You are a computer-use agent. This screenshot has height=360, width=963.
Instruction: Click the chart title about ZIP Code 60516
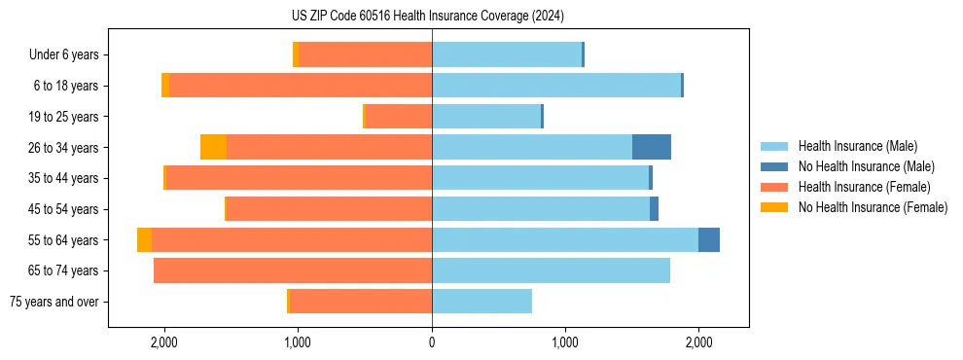(427, 16)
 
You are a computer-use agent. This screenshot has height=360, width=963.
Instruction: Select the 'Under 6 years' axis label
(63, 55)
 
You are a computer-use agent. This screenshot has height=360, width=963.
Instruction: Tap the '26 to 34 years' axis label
(64, 148)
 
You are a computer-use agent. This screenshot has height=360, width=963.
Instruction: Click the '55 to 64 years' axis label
(64, 240)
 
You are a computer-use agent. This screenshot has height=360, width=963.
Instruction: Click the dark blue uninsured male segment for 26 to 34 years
(651, 147)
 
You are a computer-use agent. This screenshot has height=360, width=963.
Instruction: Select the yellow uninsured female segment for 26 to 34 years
(213, 147)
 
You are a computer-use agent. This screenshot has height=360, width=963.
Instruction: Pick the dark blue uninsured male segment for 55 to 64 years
(708, 239)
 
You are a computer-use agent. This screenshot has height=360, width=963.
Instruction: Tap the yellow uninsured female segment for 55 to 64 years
(144, 239)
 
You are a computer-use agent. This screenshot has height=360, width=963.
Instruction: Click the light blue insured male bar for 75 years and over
(481, 302)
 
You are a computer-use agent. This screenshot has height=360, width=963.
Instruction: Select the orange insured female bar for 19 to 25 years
(398, 117)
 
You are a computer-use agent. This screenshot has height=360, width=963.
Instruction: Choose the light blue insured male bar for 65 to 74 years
(551, 270)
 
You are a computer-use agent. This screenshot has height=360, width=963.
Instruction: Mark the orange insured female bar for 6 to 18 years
(301, 86)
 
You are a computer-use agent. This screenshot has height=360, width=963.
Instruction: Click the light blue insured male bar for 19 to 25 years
(486, 117)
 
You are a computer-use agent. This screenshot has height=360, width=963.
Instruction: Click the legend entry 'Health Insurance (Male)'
(857, 146)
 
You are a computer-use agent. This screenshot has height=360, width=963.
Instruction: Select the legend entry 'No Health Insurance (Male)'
(866, 166)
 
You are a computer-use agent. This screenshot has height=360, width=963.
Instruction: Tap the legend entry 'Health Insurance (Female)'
(864, 187)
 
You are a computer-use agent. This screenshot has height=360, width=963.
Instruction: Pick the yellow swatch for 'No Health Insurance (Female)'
(775, 207)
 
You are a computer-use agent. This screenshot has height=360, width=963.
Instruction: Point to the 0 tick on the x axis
(432, 342)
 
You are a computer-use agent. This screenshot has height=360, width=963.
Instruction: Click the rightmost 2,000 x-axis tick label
(698, 342)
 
